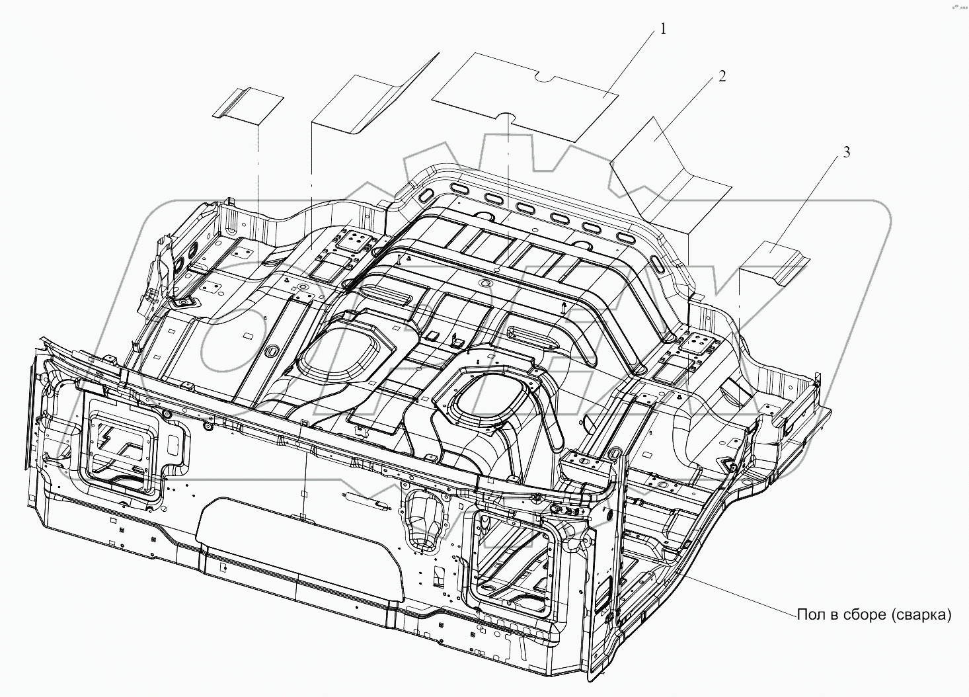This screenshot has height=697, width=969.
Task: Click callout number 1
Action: point(663,30)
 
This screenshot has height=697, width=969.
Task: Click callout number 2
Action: point(722,76)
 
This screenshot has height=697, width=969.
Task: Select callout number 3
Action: point(846,152)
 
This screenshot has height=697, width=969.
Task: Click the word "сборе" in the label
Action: point(866,615)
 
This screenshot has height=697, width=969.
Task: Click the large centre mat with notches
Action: point(524,97)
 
